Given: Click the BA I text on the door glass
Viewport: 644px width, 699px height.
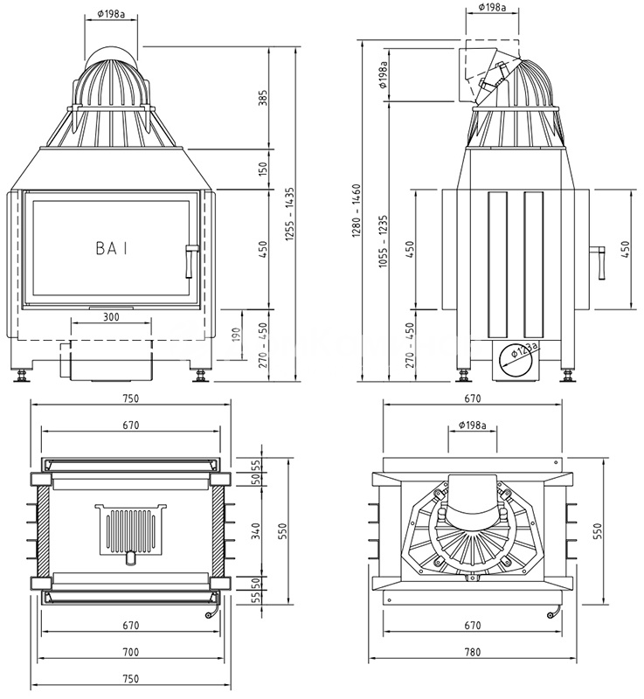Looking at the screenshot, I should coord(111,248).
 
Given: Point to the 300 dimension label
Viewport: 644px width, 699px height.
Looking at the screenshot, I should coord(111,317).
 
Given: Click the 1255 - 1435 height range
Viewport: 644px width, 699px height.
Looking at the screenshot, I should coord(289,214).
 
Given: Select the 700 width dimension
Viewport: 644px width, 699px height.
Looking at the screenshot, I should coord(130,653).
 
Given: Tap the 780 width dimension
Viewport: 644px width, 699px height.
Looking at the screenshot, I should coord(474,653).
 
